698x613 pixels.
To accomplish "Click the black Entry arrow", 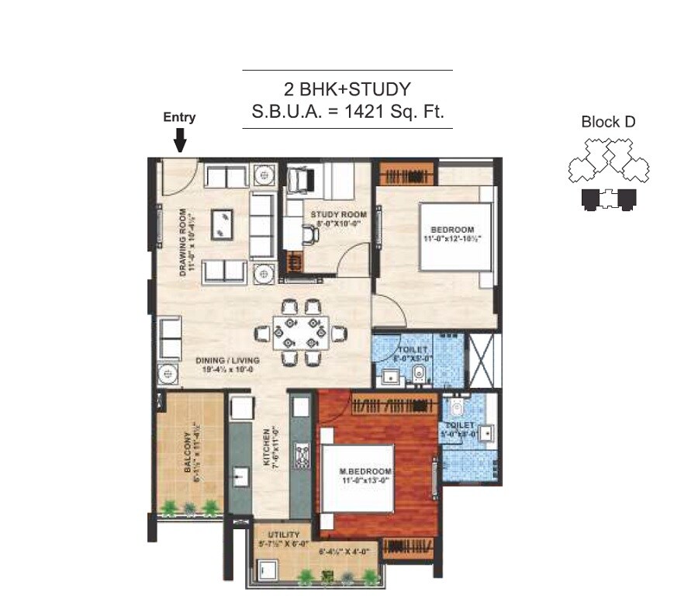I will pos(179,140).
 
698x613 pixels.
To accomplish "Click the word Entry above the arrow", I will pos(179,118).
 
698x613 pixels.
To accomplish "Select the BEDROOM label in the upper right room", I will pos(452,230).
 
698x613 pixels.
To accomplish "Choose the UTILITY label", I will pos(284,535).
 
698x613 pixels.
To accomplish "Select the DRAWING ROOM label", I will pos(184,242).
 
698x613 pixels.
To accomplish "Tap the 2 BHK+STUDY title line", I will pos(347,88).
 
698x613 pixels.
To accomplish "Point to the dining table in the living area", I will pos(301,333).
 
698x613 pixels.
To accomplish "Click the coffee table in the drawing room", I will pos(223,223).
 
